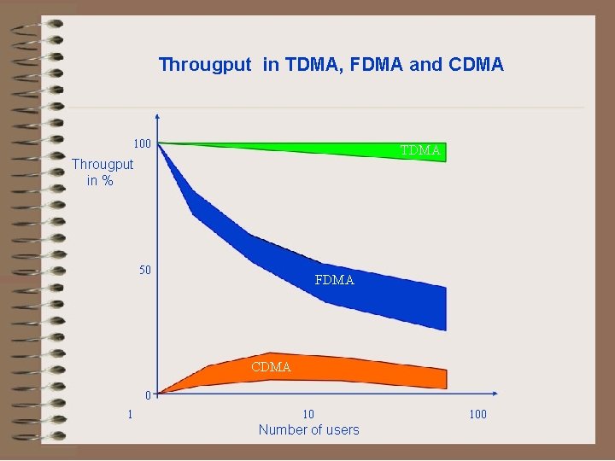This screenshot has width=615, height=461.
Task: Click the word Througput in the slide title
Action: coord(205,65)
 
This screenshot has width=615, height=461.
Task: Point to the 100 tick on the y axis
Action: coord(141,143)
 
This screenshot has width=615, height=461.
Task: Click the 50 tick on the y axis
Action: coord(145,271)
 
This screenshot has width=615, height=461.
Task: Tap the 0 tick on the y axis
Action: coord(148,395)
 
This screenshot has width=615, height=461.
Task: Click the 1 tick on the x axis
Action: coord(130,415)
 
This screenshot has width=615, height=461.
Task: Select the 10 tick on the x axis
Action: coord(308,415)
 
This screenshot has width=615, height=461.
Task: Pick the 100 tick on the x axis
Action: coord(477,415)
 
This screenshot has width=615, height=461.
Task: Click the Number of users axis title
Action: coord(308,430)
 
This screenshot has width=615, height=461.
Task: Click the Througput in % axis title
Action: coord(102,172)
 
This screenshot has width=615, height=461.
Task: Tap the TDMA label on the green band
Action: coord(420,151)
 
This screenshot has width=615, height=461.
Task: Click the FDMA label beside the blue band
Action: coord(334,280)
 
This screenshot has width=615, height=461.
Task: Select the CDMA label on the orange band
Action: coord(271,367)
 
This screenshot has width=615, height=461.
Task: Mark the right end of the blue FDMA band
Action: coord(445,308)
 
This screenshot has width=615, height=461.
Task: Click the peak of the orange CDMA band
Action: coord(270,353)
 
